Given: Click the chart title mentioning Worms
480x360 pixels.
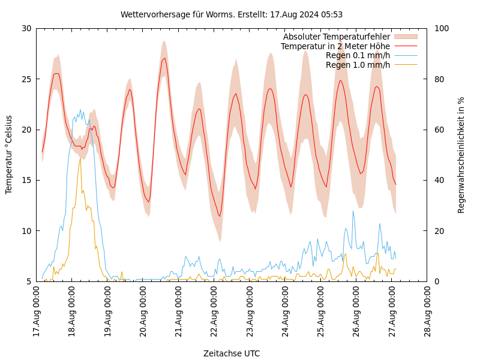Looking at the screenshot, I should [x=232, y=14].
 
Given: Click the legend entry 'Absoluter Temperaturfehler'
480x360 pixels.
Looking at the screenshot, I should [x=336, y=37].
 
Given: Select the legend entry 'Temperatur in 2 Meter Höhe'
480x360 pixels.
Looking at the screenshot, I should [x=335, y=46].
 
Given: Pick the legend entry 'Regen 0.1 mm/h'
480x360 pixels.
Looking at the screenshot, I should [x=358, y=55].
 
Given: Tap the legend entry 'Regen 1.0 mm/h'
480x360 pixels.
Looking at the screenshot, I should [x=358, y=65].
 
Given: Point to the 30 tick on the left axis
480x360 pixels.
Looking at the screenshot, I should [x=26, y=28].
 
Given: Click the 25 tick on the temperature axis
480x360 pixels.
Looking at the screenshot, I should [x=26, y=79].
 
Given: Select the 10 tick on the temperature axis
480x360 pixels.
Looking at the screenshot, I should [x=26, y=231].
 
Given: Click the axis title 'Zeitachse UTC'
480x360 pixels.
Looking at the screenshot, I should [x=232, y=353].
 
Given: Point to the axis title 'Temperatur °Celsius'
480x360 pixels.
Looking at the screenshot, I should [x=9, y=154].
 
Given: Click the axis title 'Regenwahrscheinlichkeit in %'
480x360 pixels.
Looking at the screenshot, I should [x=461, y=154].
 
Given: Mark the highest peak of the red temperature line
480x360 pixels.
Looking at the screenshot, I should [x=164, y=58].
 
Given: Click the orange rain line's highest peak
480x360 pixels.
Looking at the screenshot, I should [x=80, y=158].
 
